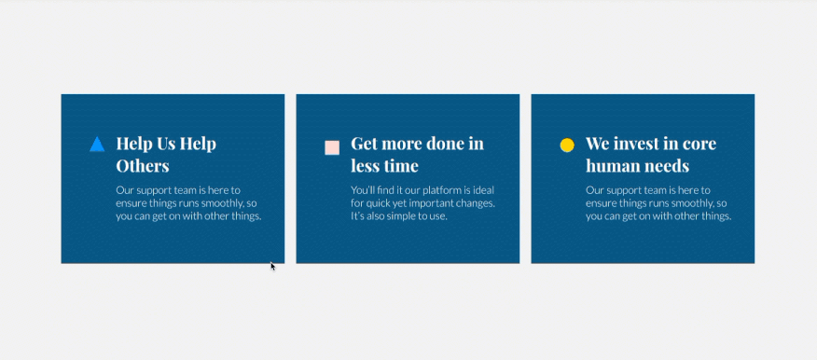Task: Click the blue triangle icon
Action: pos(97,145)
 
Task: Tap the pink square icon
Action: pos(332,147)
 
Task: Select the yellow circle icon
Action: pos(567,145)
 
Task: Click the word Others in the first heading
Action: pos(143,166)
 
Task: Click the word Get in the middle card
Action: pos(363,144)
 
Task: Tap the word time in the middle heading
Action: pos(400,166)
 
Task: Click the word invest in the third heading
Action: pos(640,144)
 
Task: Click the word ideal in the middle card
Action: pos(483,190)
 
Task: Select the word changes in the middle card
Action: pos(476,203)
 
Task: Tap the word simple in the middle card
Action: pos(400,216)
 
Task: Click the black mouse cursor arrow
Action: pos(272,266)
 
